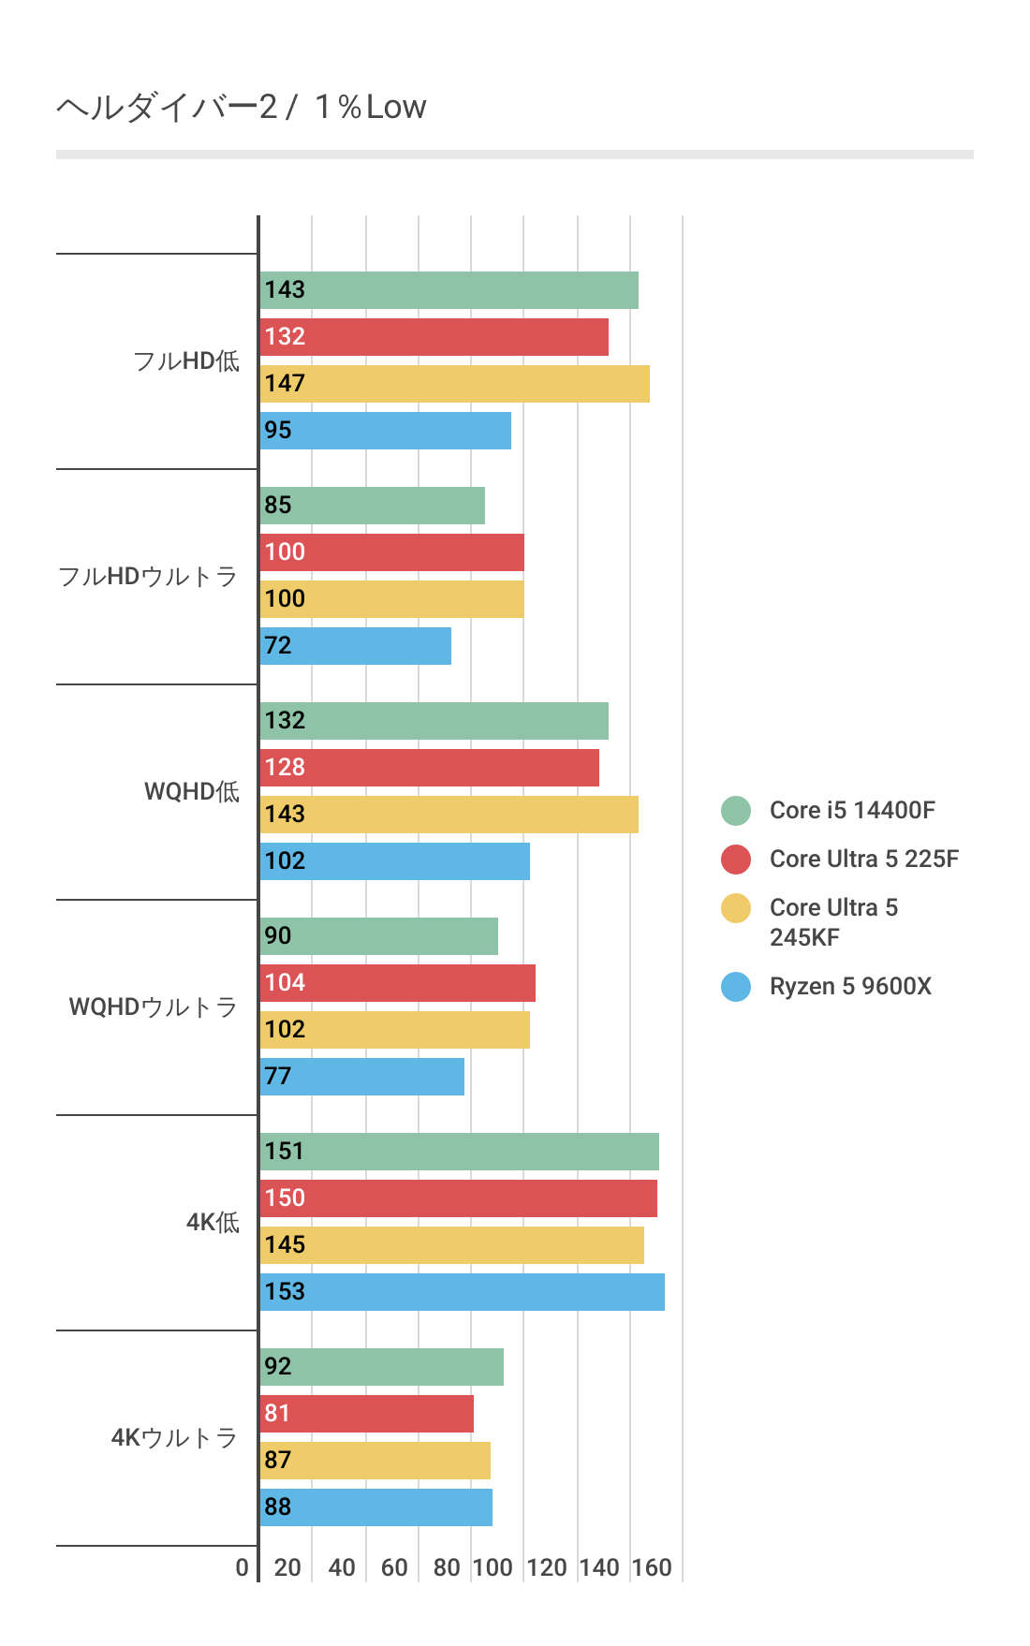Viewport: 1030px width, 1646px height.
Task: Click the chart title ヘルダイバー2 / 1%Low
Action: [x=242, y=108]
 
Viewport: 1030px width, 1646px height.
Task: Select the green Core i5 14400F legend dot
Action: [x=736, y=811]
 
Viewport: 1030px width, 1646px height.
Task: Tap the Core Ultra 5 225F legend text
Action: [x=863, y=859]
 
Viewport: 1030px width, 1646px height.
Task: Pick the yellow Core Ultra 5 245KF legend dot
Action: [x=736, y=908]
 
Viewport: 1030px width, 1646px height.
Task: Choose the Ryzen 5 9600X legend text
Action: [x=850, y=986]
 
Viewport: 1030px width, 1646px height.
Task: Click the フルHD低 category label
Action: [x=186, y=361]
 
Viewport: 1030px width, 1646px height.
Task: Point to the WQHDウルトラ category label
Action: [x=153, y=1007]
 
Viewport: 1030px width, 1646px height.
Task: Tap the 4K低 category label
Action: [x=213, y=1223]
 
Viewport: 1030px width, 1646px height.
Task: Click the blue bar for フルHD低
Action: [x=386, y=431]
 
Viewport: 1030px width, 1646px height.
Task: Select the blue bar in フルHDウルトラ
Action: [x=356, y=646]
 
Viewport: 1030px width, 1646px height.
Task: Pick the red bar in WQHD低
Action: [x=430, y=768]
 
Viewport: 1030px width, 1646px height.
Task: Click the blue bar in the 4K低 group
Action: [x=463, y=1292]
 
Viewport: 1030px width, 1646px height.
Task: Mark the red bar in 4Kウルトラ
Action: [x=367, y=1414]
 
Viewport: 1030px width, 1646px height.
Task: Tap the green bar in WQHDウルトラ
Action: [x=379, y=936]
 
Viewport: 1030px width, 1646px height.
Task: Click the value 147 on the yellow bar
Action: [x=285, y=384]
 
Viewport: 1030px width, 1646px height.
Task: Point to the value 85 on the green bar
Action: [x=278, y=506]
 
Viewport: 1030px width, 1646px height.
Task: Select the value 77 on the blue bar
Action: [x=278, y=1077]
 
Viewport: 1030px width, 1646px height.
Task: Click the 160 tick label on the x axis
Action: [x=652, y=1567]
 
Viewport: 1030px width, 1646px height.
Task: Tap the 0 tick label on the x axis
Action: [x=243, y=1567]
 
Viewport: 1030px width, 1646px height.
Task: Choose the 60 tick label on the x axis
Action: [x=394, y=1567]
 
